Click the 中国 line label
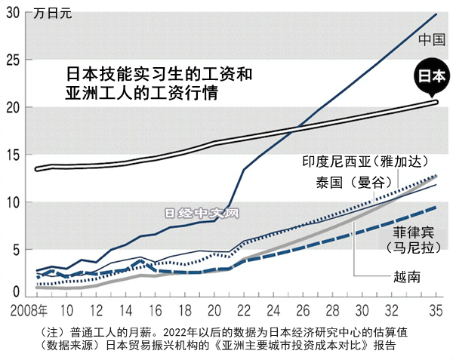pyautogui.click(x=431, y=39)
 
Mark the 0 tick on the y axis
pyautogui.click(x=16, y=292)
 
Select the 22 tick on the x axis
pyautogui.click(x=244, y=311)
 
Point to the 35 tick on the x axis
pyautogui.click(x=436, y=311)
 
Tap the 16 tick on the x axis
pyautogui.click(x=156, y=311)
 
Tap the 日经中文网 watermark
pyautogui.click(x=201, y=214)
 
